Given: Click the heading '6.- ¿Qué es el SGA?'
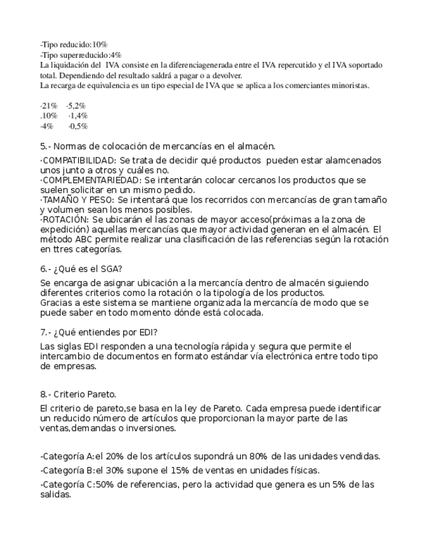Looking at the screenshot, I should point(81,268).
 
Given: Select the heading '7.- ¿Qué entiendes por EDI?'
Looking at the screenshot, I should point(99,332).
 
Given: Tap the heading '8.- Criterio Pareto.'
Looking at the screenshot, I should point(78,394).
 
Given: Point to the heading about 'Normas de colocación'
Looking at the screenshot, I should point(157,146).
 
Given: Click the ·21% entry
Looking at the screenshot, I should point(49,105).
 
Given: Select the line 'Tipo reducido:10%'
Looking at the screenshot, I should point(74,44).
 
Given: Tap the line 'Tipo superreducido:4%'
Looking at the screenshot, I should point(81,55).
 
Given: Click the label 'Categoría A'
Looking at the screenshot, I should point(67,456).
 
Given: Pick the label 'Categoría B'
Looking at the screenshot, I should point(67,470).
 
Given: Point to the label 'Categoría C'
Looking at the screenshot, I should point(67,485).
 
